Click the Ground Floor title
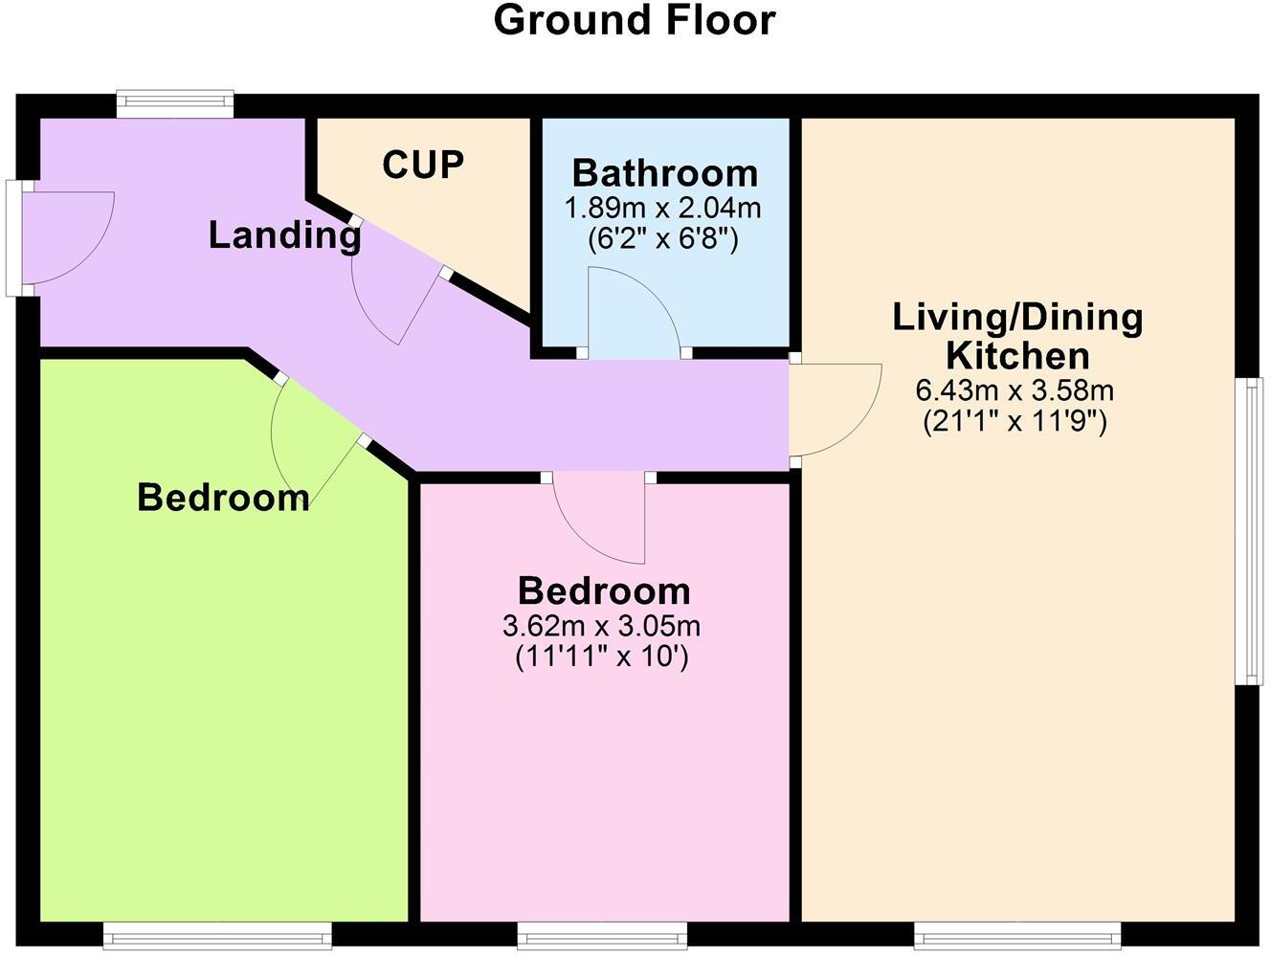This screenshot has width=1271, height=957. (634, 21)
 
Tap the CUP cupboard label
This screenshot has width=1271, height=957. (423, 165)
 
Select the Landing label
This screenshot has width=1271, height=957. (284, 235)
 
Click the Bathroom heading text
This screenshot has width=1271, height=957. (665, 174)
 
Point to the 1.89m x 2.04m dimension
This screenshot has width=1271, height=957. (663, 208)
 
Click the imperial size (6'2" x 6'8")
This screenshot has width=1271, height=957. (663, 238)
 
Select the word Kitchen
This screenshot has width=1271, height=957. (1017, 356)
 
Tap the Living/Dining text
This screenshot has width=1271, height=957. (1017, 317)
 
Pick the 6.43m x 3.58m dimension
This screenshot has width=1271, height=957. (1015, 390)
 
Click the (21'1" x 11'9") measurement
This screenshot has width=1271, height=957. (1015, 421)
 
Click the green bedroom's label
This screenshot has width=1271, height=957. (223, 498)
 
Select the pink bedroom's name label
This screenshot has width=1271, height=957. (604, 590)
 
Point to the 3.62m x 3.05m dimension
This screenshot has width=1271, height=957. (601, 627)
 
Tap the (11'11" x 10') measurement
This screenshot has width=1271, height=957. (602, 657)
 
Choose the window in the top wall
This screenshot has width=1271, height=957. (174, 102)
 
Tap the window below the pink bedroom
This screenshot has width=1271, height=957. (602, 934)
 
